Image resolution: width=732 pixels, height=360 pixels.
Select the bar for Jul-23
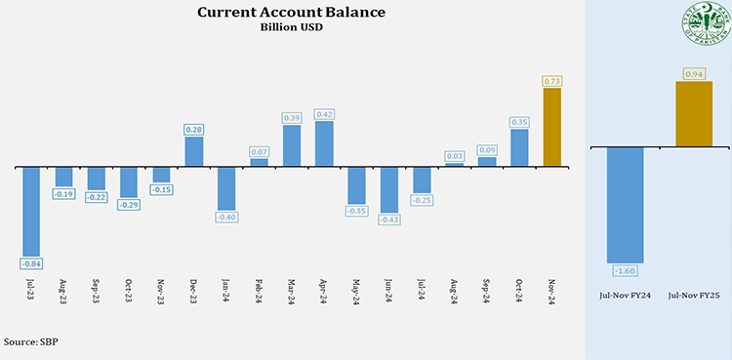coord(31,211)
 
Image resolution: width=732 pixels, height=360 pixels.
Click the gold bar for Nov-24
coord(551,127)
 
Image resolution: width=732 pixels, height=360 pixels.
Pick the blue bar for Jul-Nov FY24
coord(625,204)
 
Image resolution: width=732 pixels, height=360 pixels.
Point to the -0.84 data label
coord(31,263)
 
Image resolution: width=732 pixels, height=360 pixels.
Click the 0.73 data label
coord(551,81)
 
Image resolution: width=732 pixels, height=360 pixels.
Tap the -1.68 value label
coord(625,269)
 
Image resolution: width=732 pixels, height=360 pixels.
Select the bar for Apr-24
coord(324,143)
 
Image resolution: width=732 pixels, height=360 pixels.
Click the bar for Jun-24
coord(389,189)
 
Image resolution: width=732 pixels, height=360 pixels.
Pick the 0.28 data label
coord(193,129)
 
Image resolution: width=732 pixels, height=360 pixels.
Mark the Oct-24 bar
coord(519,147)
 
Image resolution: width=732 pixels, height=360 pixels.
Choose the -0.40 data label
coord(226,218)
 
